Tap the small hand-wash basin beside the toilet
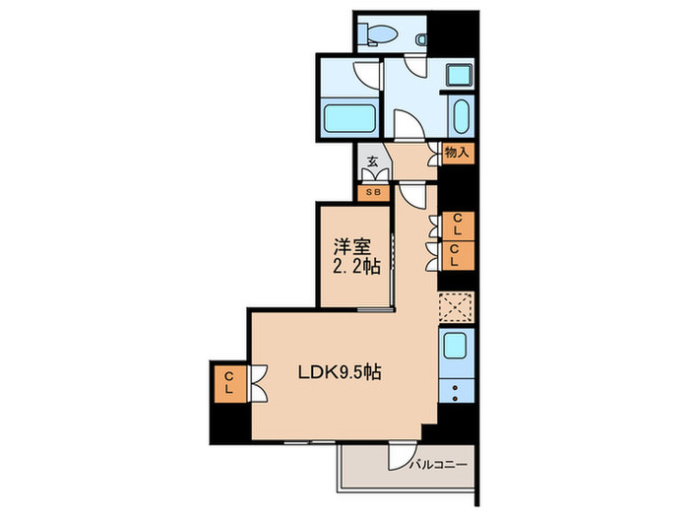421,38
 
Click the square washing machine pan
459,77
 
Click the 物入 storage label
458,153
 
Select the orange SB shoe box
374,192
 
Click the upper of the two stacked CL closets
457,225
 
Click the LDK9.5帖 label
340,373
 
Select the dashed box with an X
457,308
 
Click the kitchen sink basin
456,346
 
